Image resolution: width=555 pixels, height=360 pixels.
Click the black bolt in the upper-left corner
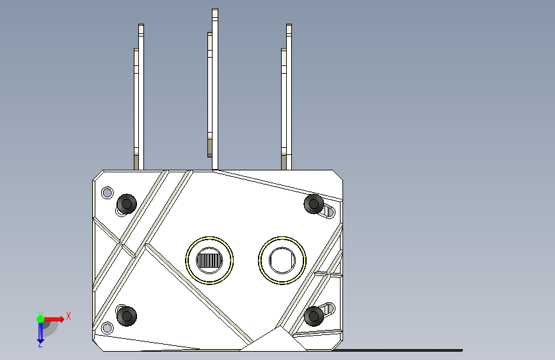(x=127, y=204)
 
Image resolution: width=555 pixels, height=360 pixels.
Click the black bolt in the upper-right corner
(x=314, y=204)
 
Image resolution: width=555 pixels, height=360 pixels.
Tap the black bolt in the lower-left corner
(x=127, y=316)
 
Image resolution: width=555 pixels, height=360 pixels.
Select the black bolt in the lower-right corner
(x=314, y=316)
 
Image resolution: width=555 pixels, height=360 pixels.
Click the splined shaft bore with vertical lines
(x=209, y=261)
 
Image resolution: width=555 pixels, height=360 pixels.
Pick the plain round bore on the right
(x=282, y=261)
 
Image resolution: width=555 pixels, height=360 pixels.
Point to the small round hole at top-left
(x=108, y=193)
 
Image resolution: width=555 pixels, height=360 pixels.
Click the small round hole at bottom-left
(x=108, y=328)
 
